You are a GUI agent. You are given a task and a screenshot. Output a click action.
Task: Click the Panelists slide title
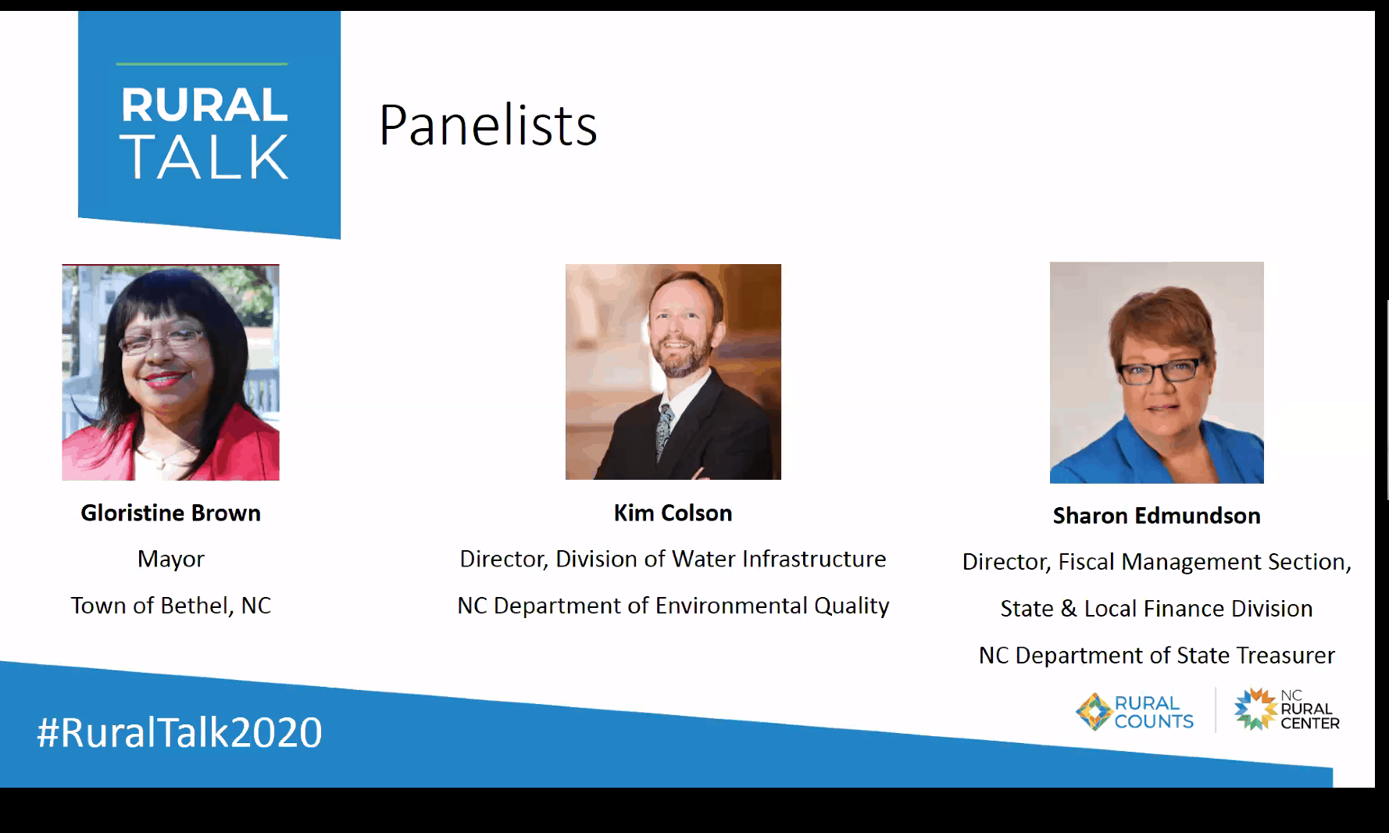(488, 125)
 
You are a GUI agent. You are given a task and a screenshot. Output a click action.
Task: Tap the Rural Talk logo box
(209, 123)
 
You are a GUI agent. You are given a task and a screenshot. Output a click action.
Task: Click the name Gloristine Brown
(171, 513)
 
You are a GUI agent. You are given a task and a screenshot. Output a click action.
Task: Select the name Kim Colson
(673, 513)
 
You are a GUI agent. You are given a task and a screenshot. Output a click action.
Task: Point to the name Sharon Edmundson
(1156, 516)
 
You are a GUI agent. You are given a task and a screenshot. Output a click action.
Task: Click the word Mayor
(171, 560)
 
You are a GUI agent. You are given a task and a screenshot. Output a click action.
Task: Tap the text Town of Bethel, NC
(171, 606)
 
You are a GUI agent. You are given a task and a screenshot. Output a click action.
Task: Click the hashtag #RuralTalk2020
(180, 733)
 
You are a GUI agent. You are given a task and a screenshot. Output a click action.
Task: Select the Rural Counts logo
(1134, 711)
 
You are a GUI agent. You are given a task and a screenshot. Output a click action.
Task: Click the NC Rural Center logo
(1287, 710)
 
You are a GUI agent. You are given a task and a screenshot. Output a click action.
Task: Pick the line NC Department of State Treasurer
(1156, 656)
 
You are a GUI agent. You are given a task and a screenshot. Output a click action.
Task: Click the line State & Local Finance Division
(1156, 609)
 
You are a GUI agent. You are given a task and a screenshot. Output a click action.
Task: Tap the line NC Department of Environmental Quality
(673, 606)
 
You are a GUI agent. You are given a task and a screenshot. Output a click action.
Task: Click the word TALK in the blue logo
(204, 157)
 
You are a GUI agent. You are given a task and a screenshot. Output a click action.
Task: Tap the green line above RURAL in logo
(202, 64)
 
